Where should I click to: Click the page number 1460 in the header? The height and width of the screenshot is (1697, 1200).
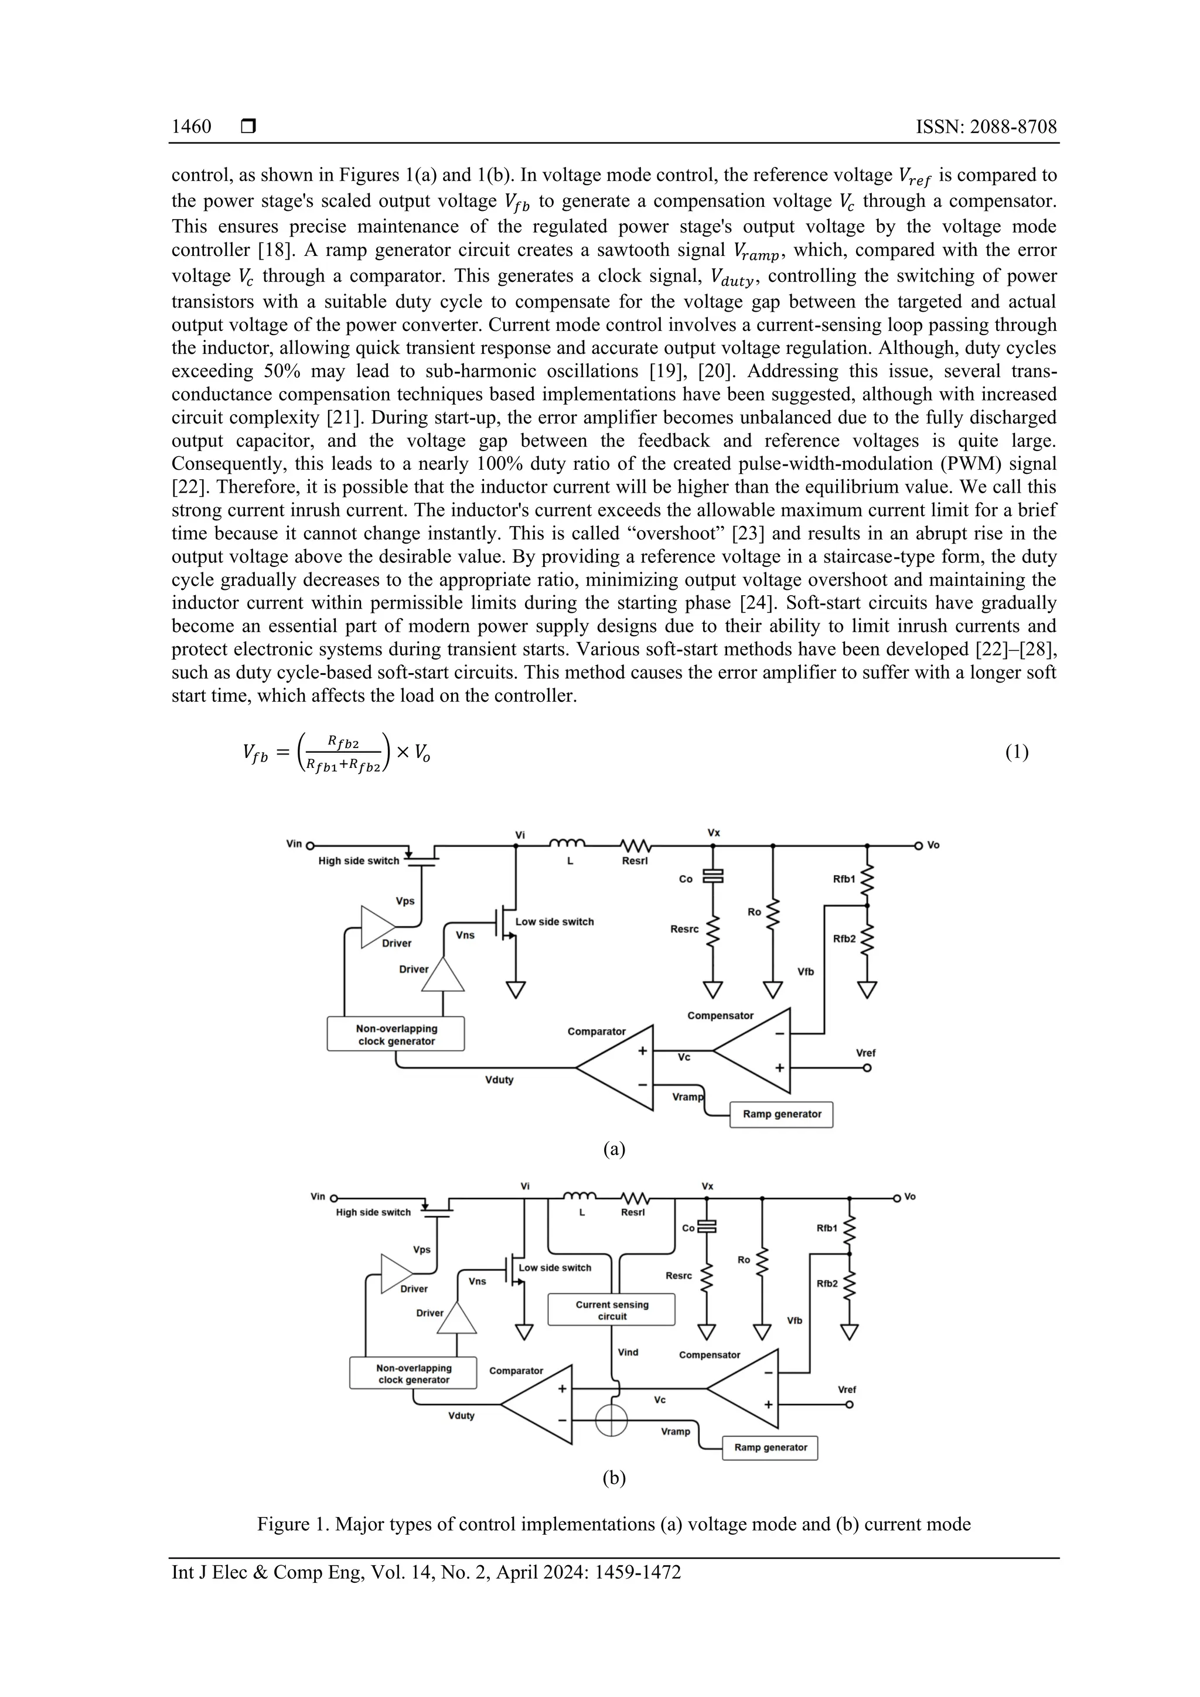coord(191,127)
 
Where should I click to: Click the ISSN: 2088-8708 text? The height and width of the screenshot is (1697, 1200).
coord(986,127)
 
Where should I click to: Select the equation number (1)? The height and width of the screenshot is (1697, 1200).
coord(1017,752)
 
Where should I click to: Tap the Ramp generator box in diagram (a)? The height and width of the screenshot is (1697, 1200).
coord(781,1114)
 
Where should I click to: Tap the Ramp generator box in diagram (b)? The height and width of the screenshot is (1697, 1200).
coord(770,1448)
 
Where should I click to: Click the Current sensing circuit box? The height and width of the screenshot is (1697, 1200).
coord(612,1310)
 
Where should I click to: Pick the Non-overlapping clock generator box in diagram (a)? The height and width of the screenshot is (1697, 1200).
coord(396,1034)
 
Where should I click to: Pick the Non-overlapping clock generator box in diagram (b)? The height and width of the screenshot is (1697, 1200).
coord(412,1373)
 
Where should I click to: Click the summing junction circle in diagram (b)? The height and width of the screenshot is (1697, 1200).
coord(612,1420)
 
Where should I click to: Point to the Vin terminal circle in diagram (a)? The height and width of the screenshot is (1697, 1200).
coord(311,845)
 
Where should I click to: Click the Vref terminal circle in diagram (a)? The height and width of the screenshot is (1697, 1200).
coord(867,1068)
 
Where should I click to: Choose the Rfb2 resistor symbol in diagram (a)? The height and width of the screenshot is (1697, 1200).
coord(867,940)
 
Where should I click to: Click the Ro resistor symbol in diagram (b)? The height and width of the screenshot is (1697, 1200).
coord(762,1260)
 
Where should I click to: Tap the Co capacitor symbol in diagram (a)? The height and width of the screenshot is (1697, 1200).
coord(712,876)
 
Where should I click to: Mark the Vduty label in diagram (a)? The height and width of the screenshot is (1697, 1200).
coord(499,1080)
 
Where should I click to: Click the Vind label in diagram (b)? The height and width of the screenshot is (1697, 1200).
coord(628,1352)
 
